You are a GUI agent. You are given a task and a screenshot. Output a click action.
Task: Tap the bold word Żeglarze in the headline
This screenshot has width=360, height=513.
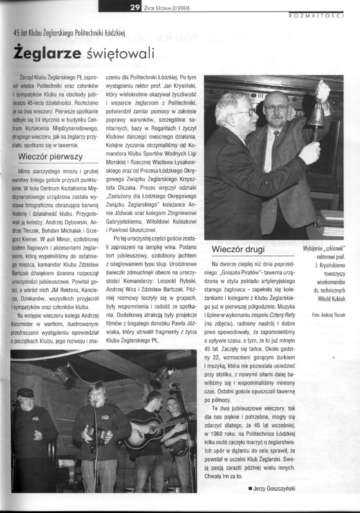tap(47, 53)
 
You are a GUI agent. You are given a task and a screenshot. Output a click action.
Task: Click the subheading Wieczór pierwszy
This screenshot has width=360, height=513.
tap(51, 156)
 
